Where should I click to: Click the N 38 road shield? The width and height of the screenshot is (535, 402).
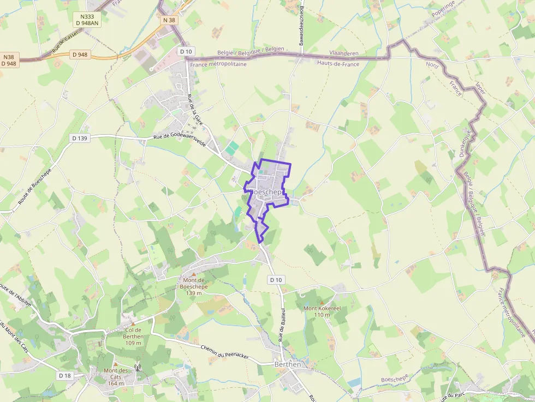coord(169,20)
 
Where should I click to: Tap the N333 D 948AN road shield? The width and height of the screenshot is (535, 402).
coord(87,20)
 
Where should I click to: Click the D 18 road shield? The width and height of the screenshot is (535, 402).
coord(64,375)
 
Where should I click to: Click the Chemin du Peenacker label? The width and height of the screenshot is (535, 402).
coord(224,352)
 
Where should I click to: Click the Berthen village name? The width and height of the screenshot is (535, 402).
coord(288,364)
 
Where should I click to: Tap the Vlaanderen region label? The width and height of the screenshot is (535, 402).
coord(344,53)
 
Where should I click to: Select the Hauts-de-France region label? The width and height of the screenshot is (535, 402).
coord(338,63)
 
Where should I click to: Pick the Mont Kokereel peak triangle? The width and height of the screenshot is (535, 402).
coord(322,302)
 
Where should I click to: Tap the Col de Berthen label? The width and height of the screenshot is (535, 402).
coord(133,333)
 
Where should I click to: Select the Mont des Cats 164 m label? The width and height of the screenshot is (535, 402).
coord(116,376)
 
